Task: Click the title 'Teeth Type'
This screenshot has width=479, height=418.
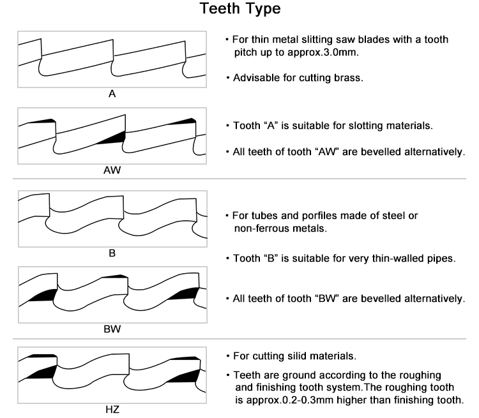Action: (x=240, y=10)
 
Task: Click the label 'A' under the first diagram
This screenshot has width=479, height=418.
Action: (x=112, y=94)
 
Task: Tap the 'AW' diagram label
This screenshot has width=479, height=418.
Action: (x=112, y=171)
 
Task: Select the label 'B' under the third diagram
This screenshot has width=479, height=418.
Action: (x=112, y=253)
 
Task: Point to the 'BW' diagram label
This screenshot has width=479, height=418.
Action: (x=112, y=330)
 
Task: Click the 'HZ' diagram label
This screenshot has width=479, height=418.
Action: (x=112, y=410)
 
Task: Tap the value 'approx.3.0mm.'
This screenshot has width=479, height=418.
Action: (x=329, y=52)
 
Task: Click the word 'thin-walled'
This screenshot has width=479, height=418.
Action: (x=400, y=258)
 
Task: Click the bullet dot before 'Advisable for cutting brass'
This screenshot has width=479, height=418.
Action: (x=228, y=78)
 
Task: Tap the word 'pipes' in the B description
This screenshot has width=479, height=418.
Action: (x=440, y=258)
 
